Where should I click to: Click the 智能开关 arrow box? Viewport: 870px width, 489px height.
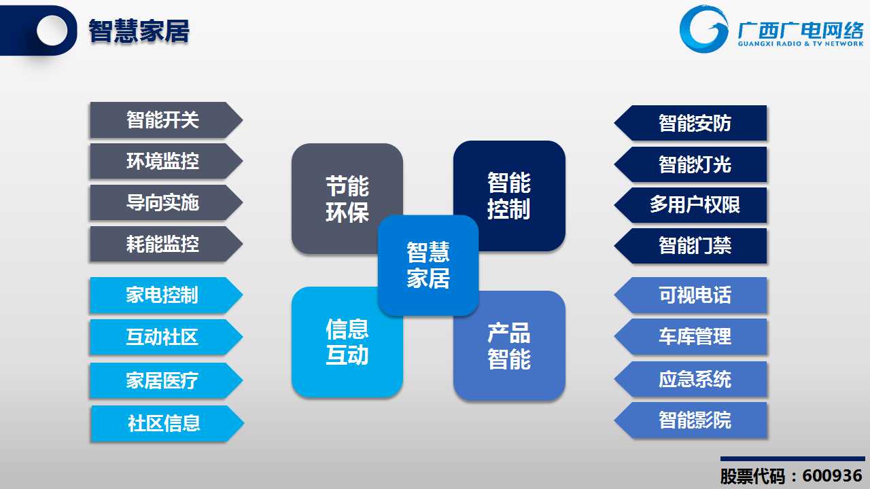click(167, 120)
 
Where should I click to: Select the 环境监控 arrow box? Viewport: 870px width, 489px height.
click(167, 161)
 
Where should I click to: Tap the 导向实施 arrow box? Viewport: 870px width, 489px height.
click(167, 202)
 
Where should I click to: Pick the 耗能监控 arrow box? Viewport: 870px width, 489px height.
click(167, 244)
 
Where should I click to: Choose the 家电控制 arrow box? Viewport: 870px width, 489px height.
click(167, 295)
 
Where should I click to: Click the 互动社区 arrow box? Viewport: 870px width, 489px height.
click(167, 337)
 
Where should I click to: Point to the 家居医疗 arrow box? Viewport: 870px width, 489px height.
click(167, 380)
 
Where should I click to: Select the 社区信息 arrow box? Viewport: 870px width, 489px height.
click(167, 423)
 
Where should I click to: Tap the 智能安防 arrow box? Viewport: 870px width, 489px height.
click(691, 123)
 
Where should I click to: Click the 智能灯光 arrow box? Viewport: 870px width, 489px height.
click(691, 164)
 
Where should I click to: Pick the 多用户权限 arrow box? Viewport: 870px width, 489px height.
click(691, 205)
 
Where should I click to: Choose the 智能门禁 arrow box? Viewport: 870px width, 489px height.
click(691, 246)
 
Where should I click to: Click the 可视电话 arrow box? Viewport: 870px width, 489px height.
click(691, 295)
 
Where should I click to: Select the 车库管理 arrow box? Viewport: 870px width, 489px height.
click(691, 336)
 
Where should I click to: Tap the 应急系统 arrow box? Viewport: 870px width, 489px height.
click(691, 379)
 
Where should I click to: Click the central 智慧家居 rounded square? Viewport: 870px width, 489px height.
click(428, 266)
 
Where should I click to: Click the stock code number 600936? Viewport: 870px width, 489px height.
click(833, 475)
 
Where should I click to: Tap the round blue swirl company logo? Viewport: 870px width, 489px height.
click(703, 29)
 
